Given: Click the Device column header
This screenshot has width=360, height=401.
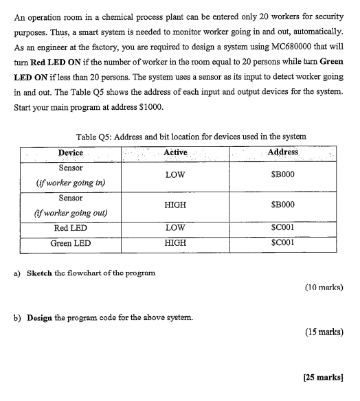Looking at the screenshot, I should [x=70, y=152].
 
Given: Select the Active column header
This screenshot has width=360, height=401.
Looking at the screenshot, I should [x=177, y=152].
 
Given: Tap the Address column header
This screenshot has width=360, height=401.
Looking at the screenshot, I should [x=282, y=152].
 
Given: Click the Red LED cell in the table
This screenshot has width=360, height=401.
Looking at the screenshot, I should [x=70, y=228].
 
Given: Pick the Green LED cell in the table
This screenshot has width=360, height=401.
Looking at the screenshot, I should [x=70, y=244].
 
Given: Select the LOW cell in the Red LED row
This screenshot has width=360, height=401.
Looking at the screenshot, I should [x=176, y=228].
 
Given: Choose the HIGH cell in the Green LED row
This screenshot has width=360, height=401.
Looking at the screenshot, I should [x=176, y=244].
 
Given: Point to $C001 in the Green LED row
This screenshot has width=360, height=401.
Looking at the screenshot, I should [x=282, y=244].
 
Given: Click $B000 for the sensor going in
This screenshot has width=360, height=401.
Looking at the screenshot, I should [x=282, y=175].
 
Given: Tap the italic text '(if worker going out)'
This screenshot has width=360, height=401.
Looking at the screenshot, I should [x=70, y=213].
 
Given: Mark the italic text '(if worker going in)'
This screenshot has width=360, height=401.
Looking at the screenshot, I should [x=70, y=183].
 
